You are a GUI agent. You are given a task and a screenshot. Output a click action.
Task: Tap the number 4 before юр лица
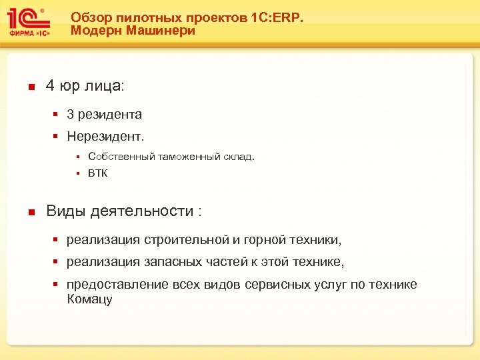point(50,86)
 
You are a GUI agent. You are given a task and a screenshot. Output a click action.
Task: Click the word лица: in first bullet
point(107,86)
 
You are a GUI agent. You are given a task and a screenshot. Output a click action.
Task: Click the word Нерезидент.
point(105,136)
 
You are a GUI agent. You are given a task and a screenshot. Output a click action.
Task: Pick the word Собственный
point(121,157)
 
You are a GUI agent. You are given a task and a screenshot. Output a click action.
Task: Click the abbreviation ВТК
point(97,173)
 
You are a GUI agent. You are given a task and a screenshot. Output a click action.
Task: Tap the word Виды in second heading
point(65,211)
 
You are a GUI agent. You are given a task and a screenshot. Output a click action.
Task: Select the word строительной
point(185,239)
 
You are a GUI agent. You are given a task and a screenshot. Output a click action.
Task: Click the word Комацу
point(89,299)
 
